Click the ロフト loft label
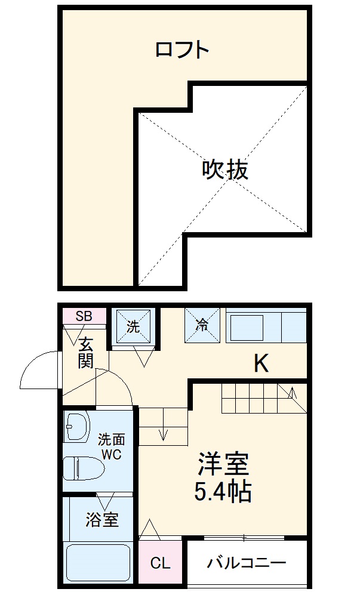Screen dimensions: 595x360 point(182,49)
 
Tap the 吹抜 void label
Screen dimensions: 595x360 point(224,171)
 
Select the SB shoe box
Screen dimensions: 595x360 point(83,316)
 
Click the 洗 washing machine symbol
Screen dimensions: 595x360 point(133,326)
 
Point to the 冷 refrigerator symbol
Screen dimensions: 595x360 point(202,325)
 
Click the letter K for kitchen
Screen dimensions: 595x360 point(260,363)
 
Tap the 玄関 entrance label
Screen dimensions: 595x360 point(86,353)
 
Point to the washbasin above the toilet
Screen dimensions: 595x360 point(76,427)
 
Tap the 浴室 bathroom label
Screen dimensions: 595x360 point(102,519)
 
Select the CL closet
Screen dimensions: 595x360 point(160,563)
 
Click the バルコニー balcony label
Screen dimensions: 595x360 point(247,563)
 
